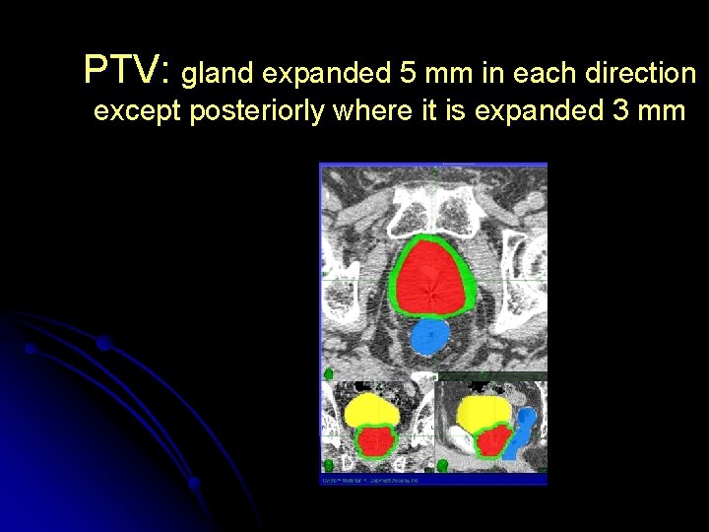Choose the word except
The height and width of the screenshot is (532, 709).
point(139,112)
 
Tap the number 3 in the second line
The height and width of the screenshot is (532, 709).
point(620,111)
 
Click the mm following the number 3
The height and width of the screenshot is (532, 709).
point(663,112)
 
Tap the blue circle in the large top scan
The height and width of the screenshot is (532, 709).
point(429,338)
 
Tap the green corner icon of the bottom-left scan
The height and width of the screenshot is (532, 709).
point(328,464)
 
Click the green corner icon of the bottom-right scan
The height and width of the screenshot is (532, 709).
point(443,464)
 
